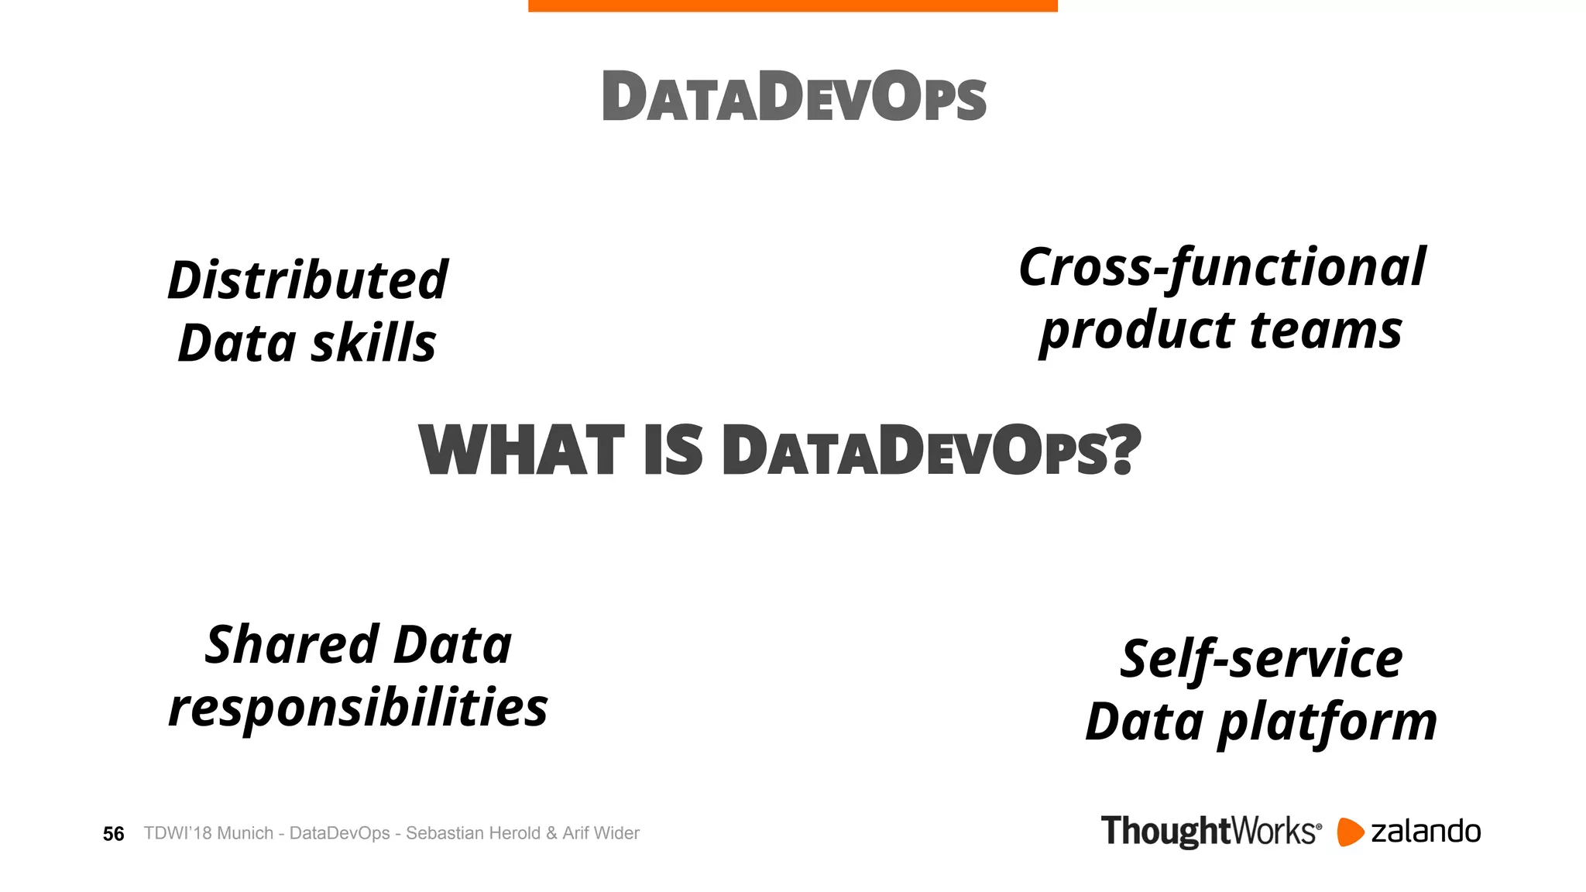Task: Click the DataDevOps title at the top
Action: coord(794,97)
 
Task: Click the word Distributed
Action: coord(307,280)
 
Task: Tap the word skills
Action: coord(373,343)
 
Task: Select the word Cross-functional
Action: coord(1221,267)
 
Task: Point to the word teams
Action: coord(1325,331)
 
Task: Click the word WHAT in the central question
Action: coord(521,451)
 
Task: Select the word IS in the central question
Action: coord(673,451)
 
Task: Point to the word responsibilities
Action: coord(358,708)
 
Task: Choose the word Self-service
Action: coord(1261,660)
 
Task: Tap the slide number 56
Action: coord(113,834)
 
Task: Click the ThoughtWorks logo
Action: coord(1210,832)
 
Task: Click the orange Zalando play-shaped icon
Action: coord(1349,832)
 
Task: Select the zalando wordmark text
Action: coord(1425,832)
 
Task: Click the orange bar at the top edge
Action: coord(792,5)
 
